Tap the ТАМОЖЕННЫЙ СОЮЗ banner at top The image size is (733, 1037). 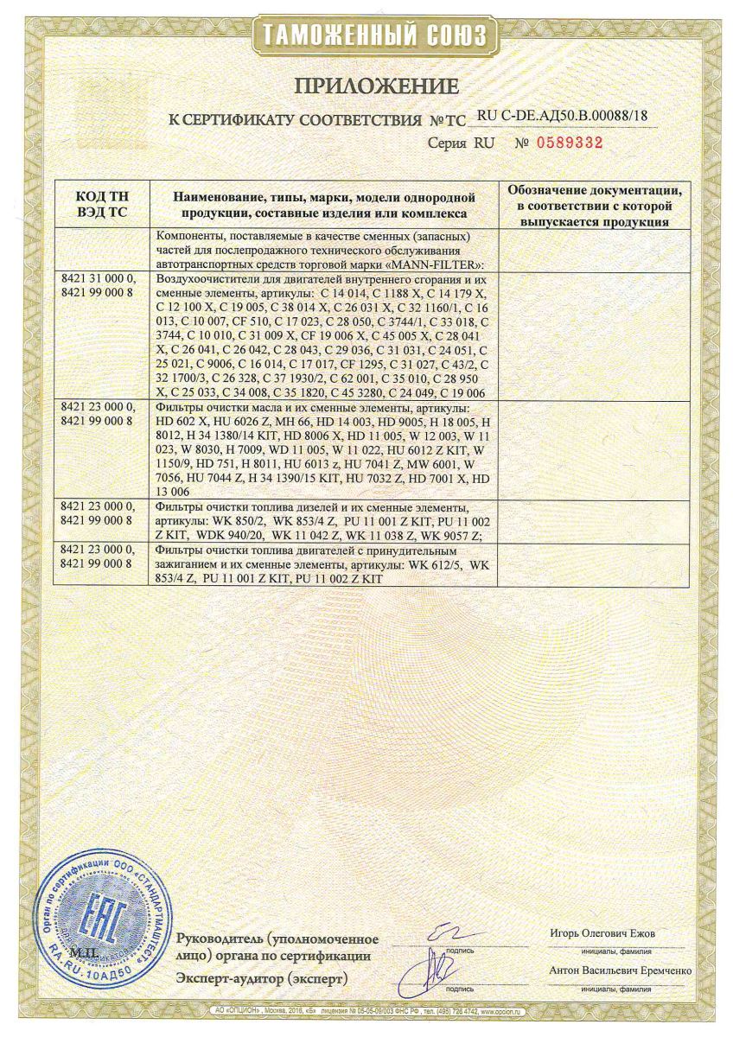[366, 35]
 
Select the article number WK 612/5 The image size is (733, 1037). [436, 563]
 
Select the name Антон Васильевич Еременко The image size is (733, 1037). [619, 970]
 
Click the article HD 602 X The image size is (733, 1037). [182, 419]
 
